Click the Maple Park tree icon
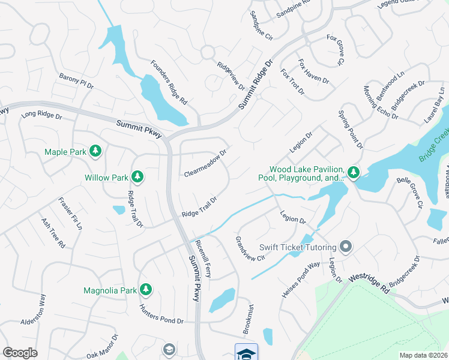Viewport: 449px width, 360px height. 95,152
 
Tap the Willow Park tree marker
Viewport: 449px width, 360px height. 137,177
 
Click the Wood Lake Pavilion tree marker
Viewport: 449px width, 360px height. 354,173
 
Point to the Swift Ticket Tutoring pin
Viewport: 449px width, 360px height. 345,247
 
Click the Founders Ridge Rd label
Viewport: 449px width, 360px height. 169,83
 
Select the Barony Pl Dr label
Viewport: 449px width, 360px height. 76,81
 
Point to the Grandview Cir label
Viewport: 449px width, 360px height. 250,250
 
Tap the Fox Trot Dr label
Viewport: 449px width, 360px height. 292,82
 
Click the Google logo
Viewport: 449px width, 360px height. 20,352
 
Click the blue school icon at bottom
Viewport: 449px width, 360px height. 246,352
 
